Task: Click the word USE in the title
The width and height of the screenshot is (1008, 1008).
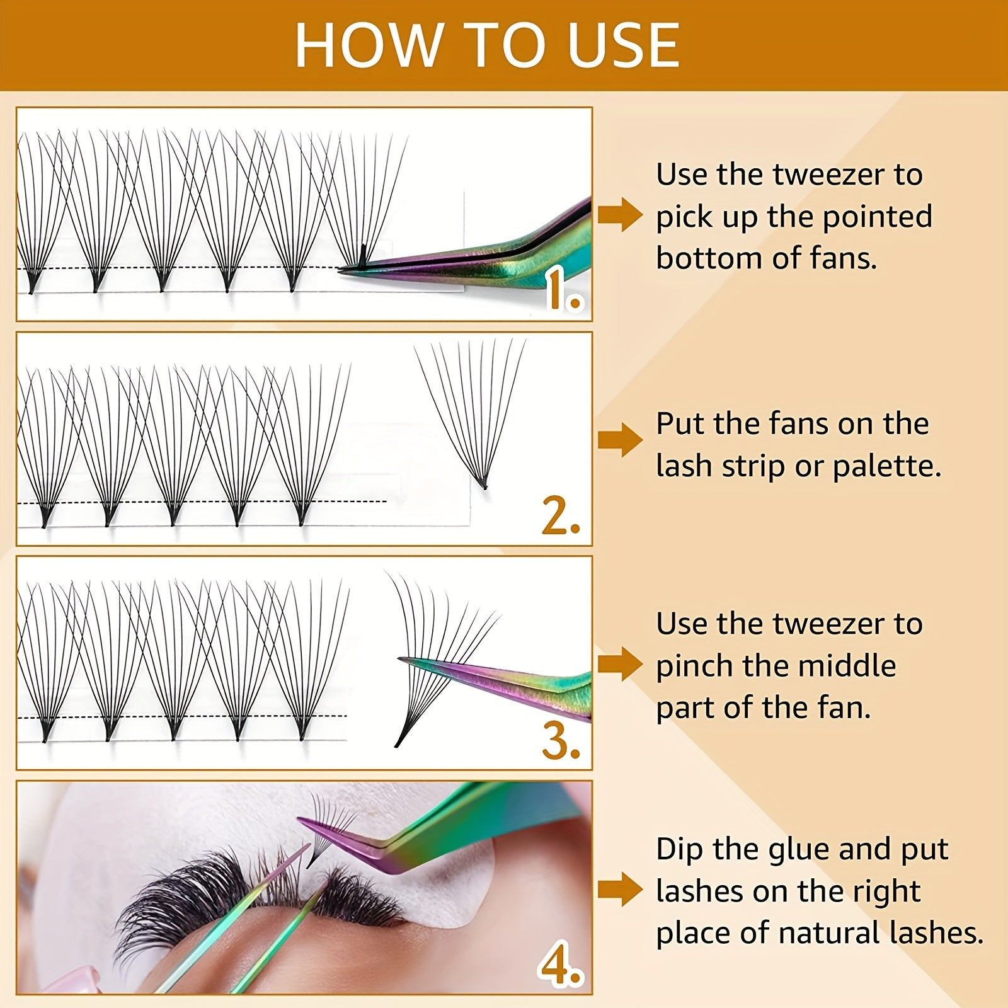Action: click(623, 45)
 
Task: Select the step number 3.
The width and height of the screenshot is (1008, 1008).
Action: click(560, 742)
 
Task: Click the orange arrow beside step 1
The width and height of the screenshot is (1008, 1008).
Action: click(619, 215)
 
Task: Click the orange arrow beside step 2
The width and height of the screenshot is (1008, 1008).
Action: click(619, 439)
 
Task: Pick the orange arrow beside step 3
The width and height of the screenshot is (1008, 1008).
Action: click(619, 664)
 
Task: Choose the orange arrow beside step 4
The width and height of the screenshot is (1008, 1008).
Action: click(619, 889)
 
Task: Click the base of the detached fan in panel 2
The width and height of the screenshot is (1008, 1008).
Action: click(483, 485)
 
